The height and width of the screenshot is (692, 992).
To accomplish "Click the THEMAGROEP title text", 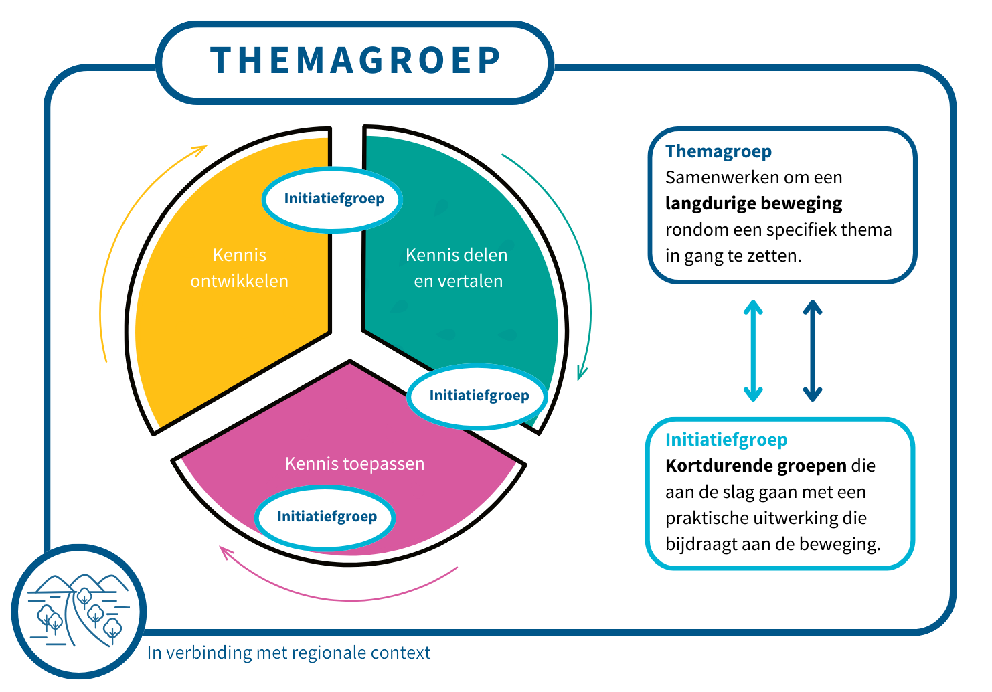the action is [355, 60].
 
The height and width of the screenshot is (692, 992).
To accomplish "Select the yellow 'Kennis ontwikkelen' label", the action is [239, 268].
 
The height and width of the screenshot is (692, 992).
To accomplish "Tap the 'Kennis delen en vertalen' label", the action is [457, 268].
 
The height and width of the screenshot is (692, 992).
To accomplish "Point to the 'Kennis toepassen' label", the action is [355, 464].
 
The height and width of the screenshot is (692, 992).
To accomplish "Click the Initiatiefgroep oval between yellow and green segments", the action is [332, 199].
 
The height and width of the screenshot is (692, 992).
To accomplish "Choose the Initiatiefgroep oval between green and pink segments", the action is [477, 396].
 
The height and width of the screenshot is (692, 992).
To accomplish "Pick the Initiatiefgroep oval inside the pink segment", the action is [325, 517].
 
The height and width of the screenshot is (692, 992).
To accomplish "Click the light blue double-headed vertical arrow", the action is [753, 351].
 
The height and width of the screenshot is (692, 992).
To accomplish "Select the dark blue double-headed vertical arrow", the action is [813, 351].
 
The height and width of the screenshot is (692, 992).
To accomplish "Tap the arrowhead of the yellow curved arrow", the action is [201, 149].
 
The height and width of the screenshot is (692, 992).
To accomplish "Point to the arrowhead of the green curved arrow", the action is [582, 374].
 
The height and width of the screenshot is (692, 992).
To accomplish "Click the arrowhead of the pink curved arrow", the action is [226, 551].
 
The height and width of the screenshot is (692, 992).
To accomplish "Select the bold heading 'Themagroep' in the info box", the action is [718, 151].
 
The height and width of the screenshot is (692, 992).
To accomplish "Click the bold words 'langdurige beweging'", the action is [754, 203].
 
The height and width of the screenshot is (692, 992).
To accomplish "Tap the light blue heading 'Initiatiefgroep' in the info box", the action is [726, 440].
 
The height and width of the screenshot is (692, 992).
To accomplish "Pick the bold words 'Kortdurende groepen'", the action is [756, 466].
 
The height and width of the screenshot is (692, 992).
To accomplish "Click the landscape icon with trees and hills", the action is [79, 611].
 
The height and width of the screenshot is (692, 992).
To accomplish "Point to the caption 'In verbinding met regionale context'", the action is [288, 653].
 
